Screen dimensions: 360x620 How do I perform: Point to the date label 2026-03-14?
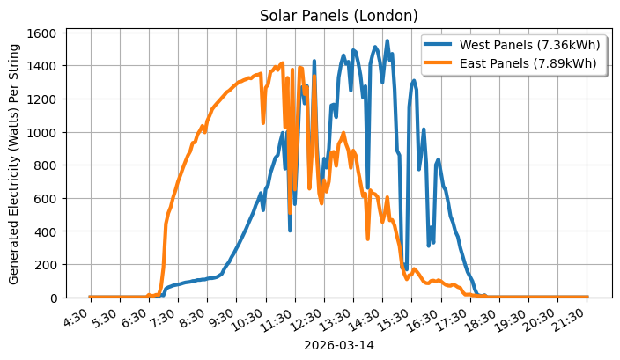point(339,345)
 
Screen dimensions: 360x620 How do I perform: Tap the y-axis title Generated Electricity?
point(14,163)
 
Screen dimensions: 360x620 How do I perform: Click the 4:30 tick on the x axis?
point(80,316)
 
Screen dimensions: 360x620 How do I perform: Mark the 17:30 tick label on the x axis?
point(455,318)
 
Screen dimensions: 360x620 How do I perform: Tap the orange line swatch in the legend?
point(439,62)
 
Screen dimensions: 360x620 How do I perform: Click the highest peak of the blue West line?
point(387,40)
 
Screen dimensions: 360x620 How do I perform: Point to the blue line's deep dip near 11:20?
point(290,230)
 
